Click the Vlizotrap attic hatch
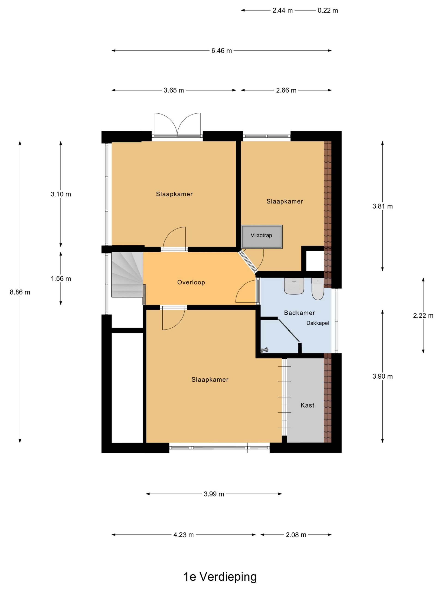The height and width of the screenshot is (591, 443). (261, 237)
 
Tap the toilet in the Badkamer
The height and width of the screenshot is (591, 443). (317, 289)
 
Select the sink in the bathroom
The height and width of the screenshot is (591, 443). (294, 286)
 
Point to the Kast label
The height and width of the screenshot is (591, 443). (307, 405)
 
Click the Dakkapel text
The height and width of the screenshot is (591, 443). (318, 323)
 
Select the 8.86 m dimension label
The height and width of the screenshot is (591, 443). (20, 292)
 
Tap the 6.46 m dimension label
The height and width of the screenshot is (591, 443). (222, 51)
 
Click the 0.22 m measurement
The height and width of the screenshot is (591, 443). (328, 10)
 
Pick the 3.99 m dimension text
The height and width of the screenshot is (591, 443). (214, 494)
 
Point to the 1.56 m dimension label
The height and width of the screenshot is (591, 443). (61, 279)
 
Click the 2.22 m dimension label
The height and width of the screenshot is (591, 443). (423, 316)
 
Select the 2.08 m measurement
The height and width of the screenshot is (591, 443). (296, 535)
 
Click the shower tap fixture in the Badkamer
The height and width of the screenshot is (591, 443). (264, 350)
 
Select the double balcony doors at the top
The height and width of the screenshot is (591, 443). (177, 125)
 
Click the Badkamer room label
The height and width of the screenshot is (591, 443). (299, 313)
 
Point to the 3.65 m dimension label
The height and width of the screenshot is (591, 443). (174, 90)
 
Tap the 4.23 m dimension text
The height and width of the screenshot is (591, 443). (183, 535)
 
